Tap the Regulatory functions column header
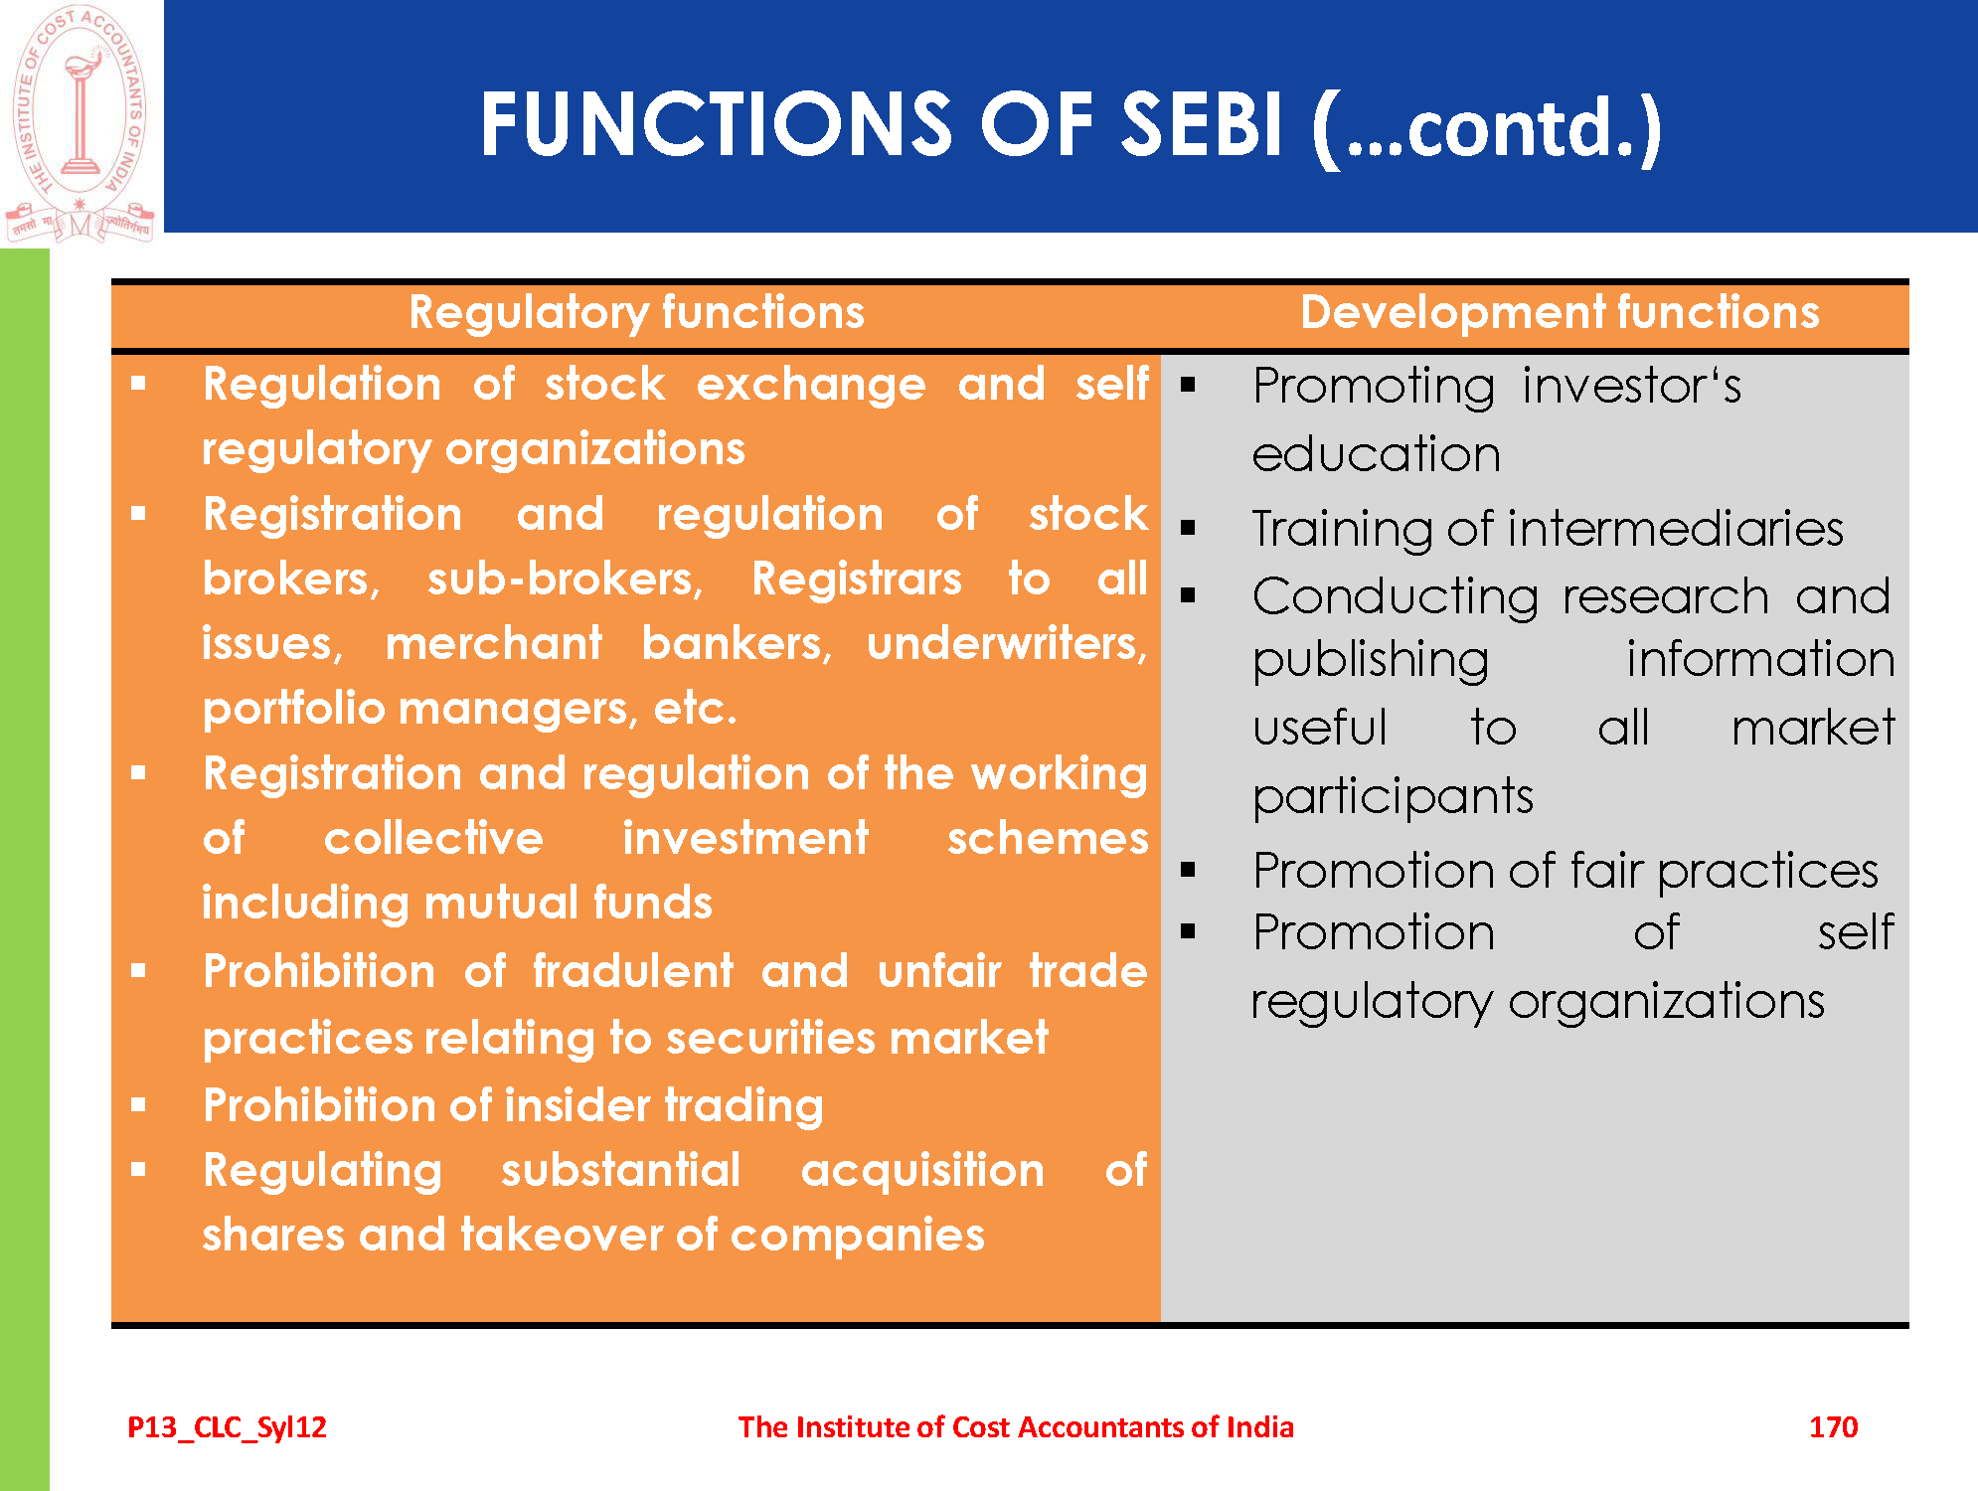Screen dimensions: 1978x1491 637,313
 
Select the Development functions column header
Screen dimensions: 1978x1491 1560,313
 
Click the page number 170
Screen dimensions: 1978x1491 1833,1427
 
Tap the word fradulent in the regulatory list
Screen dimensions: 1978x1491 632,971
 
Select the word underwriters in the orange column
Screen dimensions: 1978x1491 1007,644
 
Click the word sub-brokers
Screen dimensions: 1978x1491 565,579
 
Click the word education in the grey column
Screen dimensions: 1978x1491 1376,455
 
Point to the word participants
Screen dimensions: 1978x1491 1393,797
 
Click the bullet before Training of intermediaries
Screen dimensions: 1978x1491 1188,528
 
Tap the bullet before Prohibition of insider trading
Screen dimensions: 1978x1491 138,1104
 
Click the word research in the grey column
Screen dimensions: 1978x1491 1665,597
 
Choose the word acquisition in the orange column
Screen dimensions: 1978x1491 922,1171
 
